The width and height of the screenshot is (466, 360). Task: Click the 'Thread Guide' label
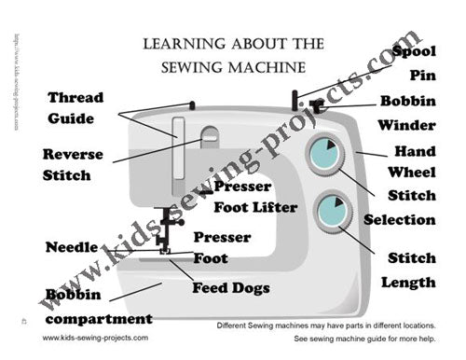(75, 107)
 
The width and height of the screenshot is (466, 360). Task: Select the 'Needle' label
(72, 247)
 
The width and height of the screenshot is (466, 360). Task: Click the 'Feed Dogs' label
(230, 287)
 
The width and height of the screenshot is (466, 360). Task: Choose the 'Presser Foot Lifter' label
(254, 196)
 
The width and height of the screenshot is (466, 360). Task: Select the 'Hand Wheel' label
(414, 162)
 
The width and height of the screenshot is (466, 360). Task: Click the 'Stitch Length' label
(411, 270)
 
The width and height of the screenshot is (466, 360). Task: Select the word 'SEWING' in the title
(195, 67)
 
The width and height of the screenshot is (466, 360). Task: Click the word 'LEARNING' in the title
(185, 43)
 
